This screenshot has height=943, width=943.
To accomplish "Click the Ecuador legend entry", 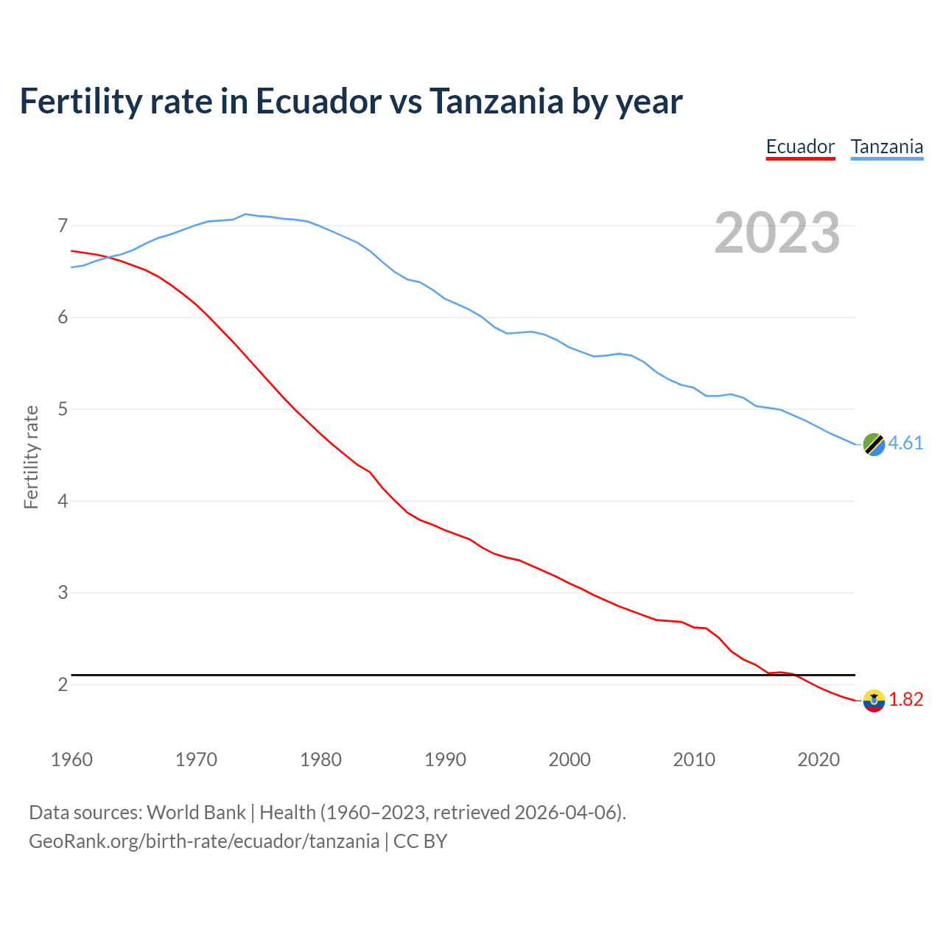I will click(800, 147).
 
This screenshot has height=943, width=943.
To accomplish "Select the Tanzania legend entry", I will click(887, 147).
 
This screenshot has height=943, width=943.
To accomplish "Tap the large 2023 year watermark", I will click(777, 233).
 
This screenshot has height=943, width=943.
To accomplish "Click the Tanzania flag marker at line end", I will click(873, 444).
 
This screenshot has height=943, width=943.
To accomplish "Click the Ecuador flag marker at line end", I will click(873, 701).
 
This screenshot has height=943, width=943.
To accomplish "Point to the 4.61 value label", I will click(905, 443).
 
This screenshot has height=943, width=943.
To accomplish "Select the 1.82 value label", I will click(905, 699).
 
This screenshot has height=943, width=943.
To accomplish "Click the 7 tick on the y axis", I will click(63, 225).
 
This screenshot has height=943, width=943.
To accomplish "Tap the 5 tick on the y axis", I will click(63, 409).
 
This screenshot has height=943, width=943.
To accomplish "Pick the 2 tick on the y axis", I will click(63, 684).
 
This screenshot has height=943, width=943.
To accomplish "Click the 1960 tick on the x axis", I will click(71, 760).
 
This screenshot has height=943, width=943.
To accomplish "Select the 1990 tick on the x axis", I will click(445, 760).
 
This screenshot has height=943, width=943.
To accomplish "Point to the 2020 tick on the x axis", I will click(818, 760).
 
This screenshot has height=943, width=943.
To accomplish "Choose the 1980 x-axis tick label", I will click(320, 760).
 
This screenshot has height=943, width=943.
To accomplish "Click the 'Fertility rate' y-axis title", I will click(31, 457).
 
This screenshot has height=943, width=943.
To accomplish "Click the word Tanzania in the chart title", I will click(496, 102).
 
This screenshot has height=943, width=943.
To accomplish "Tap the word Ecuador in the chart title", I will click(318, 102).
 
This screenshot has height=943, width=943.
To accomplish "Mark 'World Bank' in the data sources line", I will click(196, 813).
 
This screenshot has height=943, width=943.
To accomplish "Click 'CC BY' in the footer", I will click(420, 841).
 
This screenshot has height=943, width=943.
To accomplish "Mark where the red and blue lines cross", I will click(108, 257).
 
